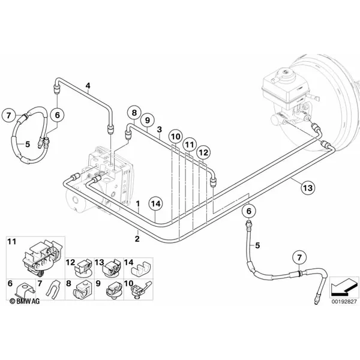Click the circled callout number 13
(x=308, y=188)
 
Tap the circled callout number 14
(x=155, y=204)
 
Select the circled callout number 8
(x=134, y=113)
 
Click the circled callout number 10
(x=176, y=137)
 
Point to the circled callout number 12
(x=203, y=152)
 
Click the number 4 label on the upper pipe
(x=88, y=86)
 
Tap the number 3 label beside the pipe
(x=160, y=130)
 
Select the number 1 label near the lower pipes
(x=138, y=203)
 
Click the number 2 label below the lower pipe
(x=137, y=239)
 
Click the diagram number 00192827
(x=344, y=302)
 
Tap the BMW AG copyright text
(x=25, y=301)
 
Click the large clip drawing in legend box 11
(x=43, y=257)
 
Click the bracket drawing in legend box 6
(x=25, y=290)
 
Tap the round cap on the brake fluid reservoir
(x=285, y=74)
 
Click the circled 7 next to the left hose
(x=9, y=115)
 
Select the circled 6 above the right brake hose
(x=249, y=211)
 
